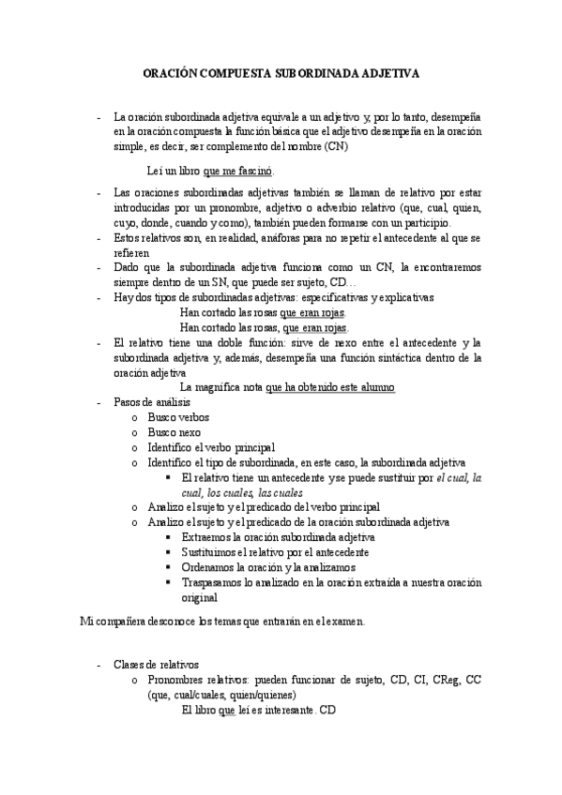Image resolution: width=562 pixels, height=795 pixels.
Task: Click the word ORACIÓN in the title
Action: (173, 71)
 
